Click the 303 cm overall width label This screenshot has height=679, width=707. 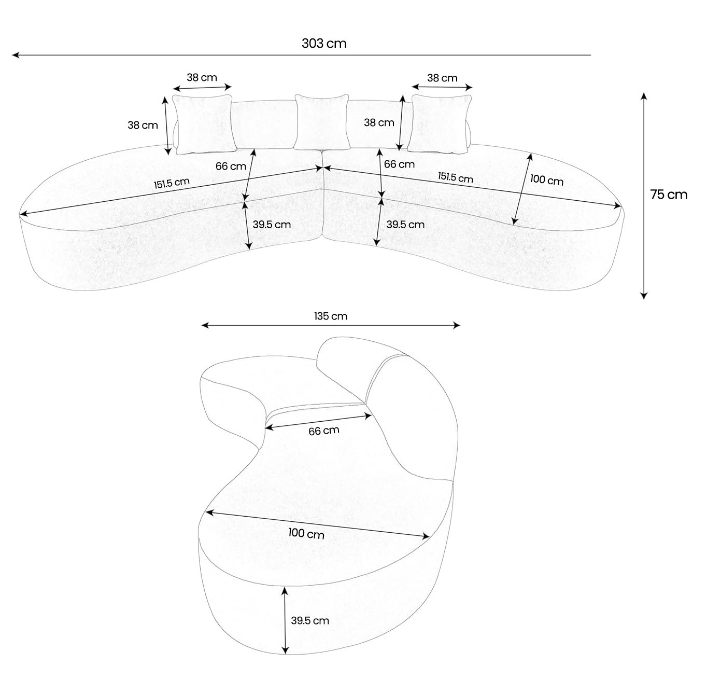(324, 43)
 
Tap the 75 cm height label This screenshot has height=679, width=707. (669, 195)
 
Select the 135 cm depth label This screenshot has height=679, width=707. (330, 316)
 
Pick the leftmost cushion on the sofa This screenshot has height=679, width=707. (203, 124)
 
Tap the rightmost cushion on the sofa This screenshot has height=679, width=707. (440, 124)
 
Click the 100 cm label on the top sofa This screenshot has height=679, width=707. (546, 181)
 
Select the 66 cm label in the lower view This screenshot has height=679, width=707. (324, 431)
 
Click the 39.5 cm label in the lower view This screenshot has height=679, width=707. (309, 620)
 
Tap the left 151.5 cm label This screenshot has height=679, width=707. (171, 183)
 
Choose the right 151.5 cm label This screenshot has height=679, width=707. (455, 177)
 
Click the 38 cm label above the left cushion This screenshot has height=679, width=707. (202, 78)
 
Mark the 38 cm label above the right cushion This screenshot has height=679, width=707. (442, 78)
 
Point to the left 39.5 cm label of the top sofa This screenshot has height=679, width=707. (272, 225)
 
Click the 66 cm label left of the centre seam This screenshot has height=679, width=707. (231, 167)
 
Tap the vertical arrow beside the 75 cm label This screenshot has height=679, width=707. (643, 196)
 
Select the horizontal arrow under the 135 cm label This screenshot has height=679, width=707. (330, 325)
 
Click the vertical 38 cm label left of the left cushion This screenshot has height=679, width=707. (143, 125)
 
